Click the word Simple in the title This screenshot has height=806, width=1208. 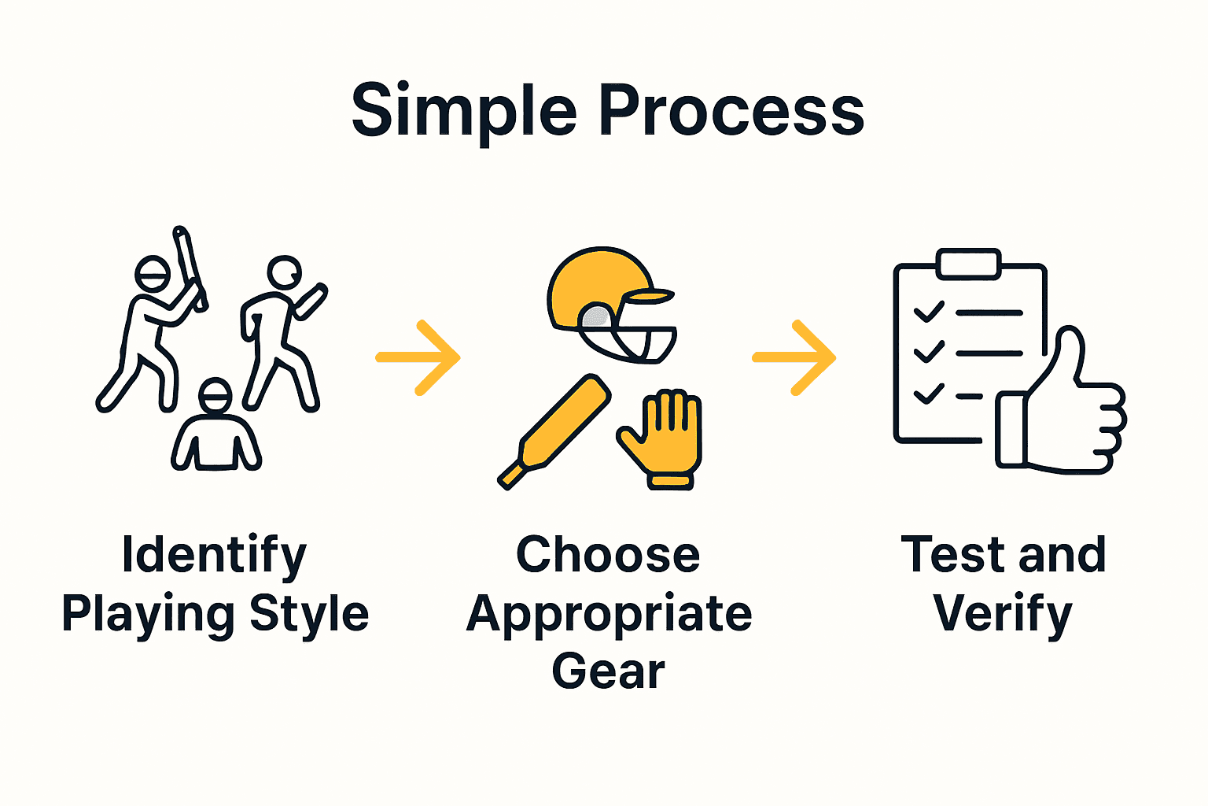(x=464, y=112)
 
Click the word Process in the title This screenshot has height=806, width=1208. (x=731, y=112)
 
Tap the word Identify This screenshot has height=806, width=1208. (x=214, y=556)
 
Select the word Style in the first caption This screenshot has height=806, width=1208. (x=309, y=614)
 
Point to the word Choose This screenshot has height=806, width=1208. (x=608, y=556)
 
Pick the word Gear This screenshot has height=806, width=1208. (x=608, y=671)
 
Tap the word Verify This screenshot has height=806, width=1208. (x=1003, y=614)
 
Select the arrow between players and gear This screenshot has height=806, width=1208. (x=418, y=357)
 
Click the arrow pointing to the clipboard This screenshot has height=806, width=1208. (x=794, y=357)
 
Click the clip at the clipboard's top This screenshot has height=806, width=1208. (x=968, y=264)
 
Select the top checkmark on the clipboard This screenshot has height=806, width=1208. (x=928, y=312)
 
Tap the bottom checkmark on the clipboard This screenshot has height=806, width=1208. (x=928, y=394)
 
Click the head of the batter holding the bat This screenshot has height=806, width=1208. (x=153, y=274)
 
